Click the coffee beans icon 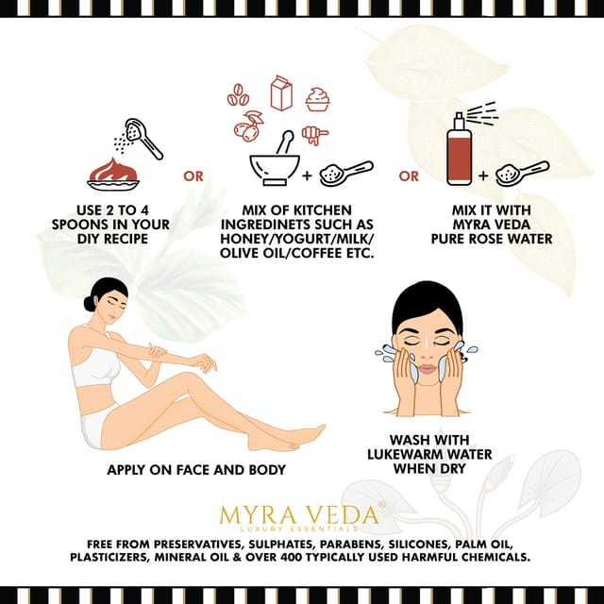237,94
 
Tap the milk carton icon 281,92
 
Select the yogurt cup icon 317,99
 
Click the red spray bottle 460,149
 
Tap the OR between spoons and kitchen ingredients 193,176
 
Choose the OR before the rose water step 409,176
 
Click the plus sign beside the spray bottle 483,176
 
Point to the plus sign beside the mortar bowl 307,176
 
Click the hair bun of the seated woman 90,304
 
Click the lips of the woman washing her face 427,368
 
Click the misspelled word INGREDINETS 265,225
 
